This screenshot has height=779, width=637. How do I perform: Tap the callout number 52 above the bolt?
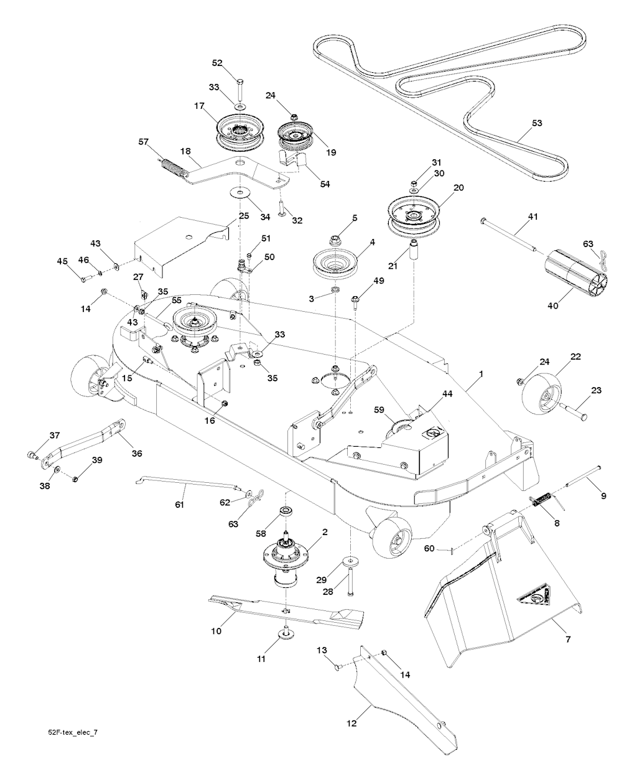coord(217,63)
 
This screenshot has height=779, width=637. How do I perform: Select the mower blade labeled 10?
coord(286,609)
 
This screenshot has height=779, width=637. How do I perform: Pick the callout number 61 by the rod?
coord(180,505)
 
